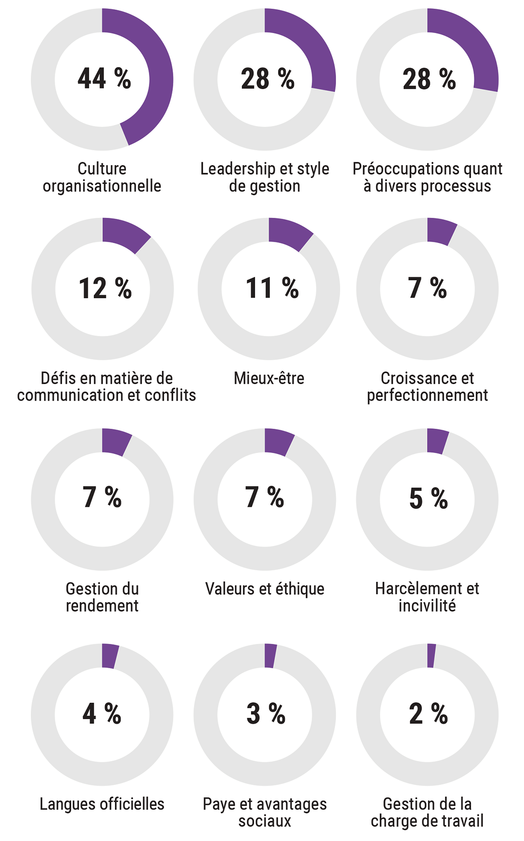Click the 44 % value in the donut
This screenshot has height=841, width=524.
point(104,79)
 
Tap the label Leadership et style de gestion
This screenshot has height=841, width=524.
point(265,177)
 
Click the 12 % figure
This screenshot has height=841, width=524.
point(105,288)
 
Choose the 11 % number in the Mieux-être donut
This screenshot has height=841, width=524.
point(272,288)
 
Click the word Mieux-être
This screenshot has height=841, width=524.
point(269,378)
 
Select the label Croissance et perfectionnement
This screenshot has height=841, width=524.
point(427,386)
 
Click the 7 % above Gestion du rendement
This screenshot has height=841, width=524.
point(102,497)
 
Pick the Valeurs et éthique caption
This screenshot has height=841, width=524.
point(265,589)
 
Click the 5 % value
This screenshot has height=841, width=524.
point(428,498)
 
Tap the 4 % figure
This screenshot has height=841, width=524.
point(102,714)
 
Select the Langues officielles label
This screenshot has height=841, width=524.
point(102,804)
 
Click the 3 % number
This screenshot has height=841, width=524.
point(266,714)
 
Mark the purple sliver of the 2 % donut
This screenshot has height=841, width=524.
point(431,656)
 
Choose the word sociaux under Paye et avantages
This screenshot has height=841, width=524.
point(265,821)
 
